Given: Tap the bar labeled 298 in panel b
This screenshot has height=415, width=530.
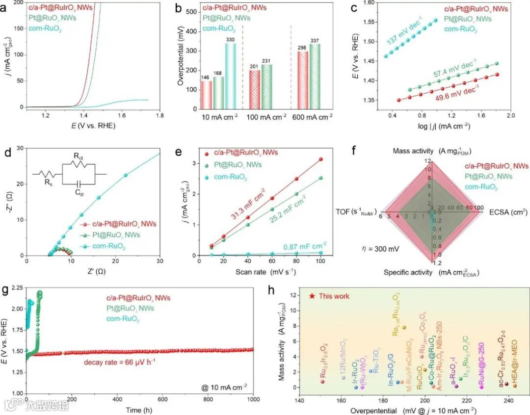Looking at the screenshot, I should [x=303, y=79].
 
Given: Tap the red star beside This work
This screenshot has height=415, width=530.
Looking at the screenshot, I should [x=312, y=296].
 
